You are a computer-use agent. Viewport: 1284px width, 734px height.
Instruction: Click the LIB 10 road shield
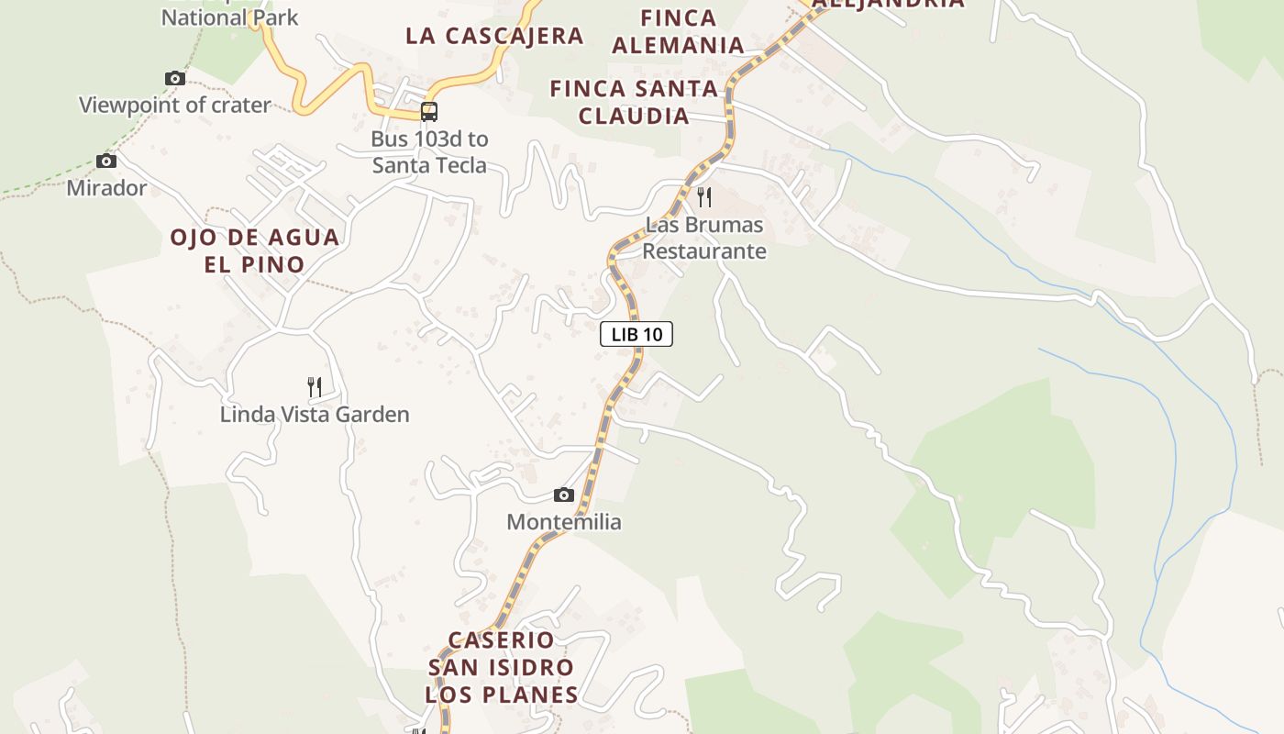[636, 334]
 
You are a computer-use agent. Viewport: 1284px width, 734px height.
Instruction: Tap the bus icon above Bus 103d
[428, 112]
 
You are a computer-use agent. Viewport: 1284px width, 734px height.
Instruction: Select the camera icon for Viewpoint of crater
[174, 78]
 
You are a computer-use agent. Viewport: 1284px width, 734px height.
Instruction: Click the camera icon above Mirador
[106, 161]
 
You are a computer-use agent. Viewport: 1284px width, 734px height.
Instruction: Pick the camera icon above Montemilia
[564, 495]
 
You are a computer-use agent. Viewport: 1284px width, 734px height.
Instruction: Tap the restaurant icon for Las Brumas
[704, 196]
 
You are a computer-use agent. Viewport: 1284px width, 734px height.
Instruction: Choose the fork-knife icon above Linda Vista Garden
[315, 387]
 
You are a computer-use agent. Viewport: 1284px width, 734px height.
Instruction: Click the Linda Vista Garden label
[315, 415]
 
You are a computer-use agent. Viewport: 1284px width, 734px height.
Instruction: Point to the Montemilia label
[564, 522]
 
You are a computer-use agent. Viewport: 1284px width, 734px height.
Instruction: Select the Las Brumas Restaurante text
[704, 238]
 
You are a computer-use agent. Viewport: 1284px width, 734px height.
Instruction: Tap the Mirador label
[106, 188]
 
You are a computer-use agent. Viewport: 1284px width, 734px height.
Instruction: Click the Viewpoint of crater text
[174, 105]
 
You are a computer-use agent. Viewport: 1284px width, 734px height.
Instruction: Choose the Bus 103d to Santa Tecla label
[429, 152]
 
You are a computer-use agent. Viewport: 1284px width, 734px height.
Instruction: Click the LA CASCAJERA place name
[494, 36]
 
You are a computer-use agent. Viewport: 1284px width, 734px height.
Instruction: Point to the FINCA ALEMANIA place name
[678, 31]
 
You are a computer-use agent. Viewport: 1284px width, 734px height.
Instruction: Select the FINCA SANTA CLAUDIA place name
[633, 102]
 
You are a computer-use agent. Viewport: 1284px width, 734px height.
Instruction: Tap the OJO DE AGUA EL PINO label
[254, 250]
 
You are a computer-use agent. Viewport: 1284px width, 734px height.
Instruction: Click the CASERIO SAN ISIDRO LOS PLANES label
[502, 667]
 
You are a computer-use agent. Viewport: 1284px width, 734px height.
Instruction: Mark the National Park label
[229, 17]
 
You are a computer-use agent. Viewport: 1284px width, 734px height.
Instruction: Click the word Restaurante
[704, 250]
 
